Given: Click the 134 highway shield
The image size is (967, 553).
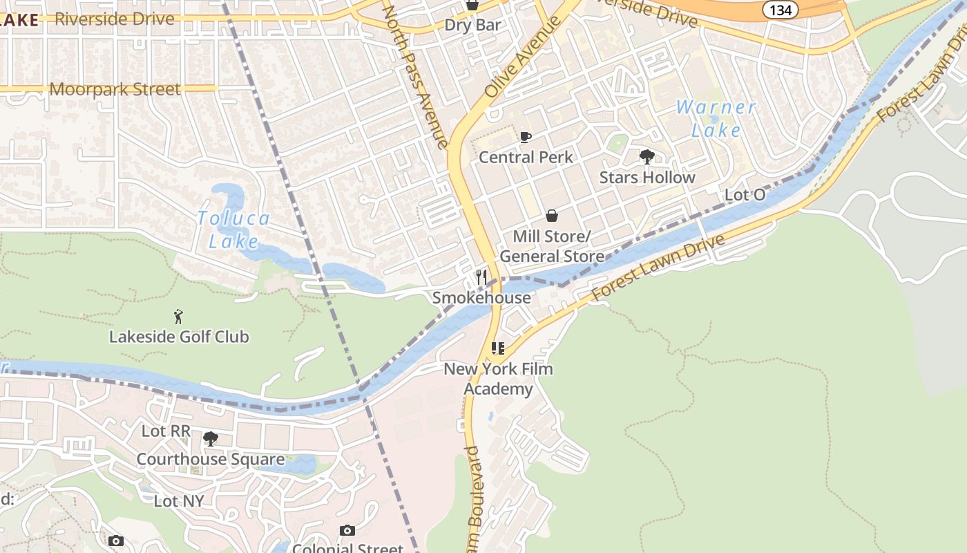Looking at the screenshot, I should pyautogui.click(x=781, y=9).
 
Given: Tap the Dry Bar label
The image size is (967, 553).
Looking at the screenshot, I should pyautogui.click(x=472, y=26).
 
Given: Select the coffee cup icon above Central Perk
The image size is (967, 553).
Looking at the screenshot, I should pyautogui.click(x=526, y=137).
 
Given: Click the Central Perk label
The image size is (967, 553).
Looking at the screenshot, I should pyautogui.click(x=526, y=158).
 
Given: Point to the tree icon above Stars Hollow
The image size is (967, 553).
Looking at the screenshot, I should pyautogui.click(x=647, y=157).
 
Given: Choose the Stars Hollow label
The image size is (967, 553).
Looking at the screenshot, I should pyautogui.click(x=647, y=178).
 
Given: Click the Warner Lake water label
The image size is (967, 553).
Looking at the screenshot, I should pyautogui.click(x=716, y=118).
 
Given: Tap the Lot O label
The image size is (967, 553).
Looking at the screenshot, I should pyautogui.click(x=745, y=195).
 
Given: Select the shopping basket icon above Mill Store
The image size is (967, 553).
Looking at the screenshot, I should pyautogui.click(x=551, y=216).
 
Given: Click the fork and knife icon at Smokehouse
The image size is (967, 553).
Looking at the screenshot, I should pyautogui.click(x=481, y=277).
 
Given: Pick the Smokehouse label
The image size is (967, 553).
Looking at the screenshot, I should pyautogui.click(x=481, y=298).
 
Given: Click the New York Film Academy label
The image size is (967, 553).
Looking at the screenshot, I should pyautogui.click(x=498, y=379).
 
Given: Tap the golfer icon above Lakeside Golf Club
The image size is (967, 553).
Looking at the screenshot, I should pyautogui.click(x=179, y=317).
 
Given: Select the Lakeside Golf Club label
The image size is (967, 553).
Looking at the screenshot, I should pyautogui.click(x=179, y=337).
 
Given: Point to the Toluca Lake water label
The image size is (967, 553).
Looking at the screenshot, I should pyautogui.click(x=233, y=229).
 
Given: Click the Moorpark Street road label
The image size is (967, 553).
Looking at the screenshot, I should pyautogui.click(x=115, y=89).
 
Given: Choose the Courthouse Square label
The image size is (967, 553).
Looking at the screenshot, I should pyautogui.click(x=211, y=460).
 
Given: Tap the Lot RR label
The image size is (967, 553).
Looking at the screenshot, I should pyautogui.click(x=166, y=431).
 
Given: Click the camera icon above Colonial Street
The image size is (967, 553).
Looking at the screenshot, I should pyautogui.click(x=347, y=531).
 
